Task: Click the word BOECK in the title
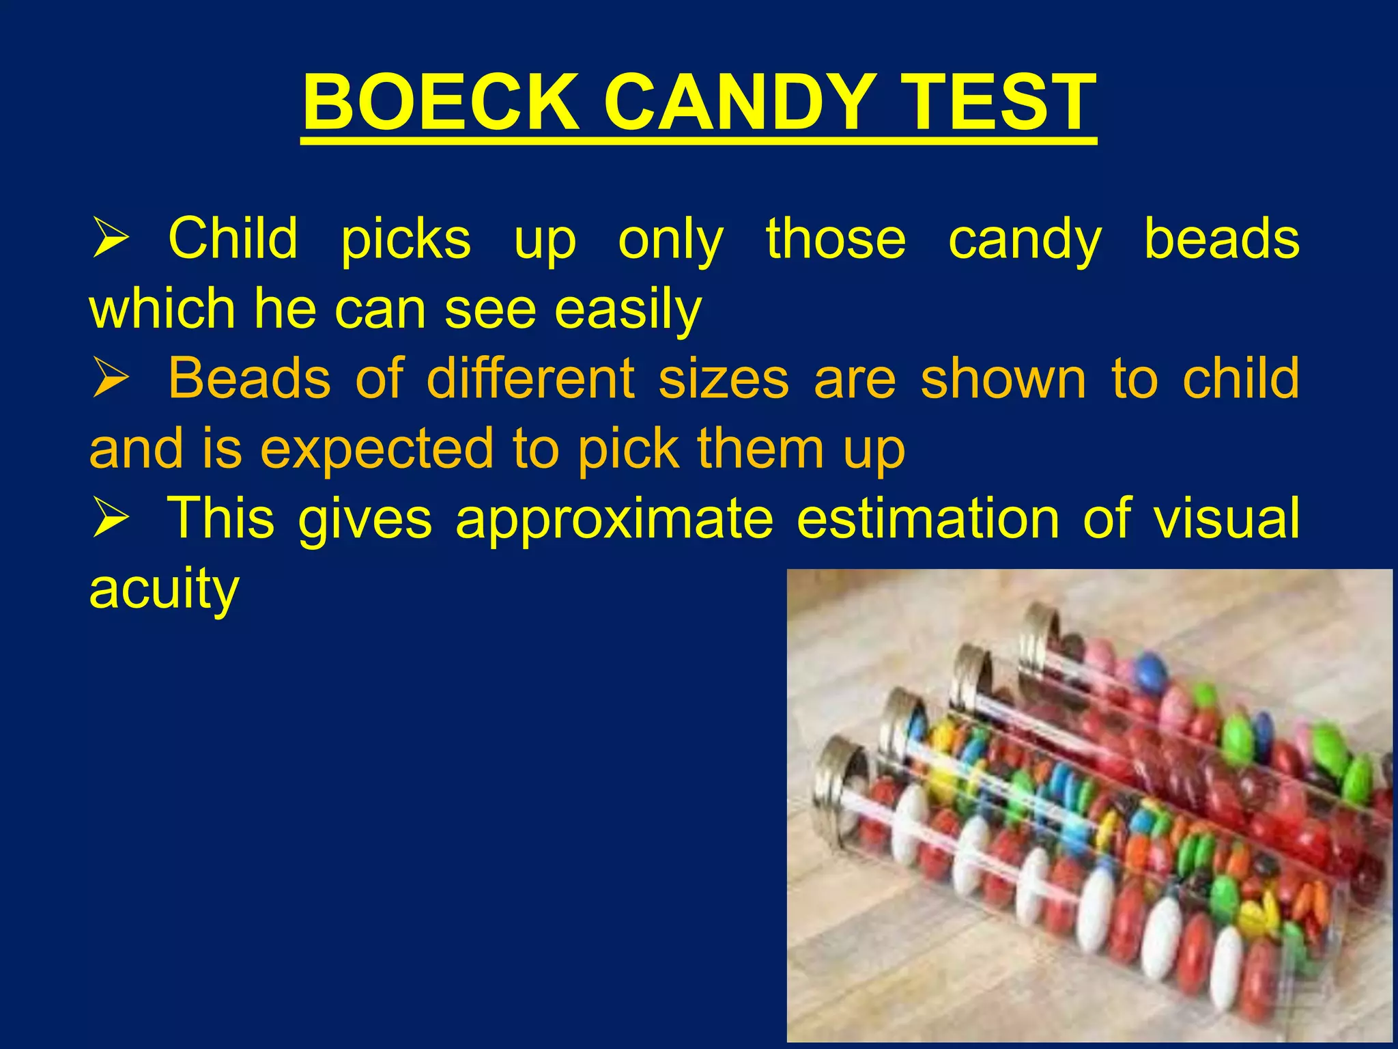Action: (441, 104)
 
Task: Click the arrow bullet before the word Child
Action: (110, 239)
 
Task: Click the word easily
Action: (627, 309)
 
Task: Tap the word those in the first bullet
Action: (836, 239)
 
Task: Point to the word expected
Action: (376, 449)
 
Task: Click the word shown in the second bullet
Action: (1003, 379)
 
